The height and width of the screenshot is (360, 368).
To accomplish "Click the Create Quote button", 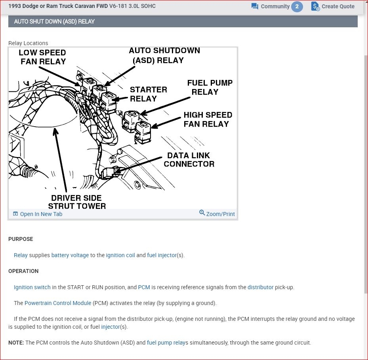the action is [x=333, y=6].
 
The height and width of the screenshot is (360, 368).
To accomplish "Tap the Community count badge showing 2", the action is [x=297, y=6].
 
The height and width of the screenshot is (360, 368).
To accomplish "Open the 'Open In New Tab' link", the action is [x=38, y=214].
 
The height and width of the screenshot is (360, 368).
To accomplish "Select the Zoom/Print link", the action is [x=217, y=214].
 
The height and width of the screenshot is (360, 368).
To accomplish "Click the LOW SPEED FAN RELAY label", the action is [x=43, y=57].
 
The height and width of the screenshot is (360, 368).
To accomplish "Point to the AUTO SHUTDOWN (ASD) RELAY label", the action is [x=164, y=55].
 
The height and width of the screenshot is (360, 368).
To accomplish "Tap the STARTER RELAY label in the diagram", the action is [x=148, y=94].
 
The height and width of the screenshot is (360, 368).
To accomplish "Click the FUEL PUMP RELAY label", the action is [x=210, y=87].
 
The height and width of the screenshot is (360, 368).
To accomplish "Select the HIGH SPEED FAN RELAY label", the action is [x=208, y=119].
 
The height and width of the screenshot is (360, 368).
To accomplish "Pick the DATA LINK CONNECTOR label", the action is [x=189, y=159].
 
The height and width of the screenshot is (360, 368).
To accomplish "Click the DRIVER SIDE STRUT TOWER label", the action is [x=77, y=202].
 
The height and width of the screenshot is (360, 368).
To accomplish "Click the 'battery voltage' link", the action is [x=70, y=255].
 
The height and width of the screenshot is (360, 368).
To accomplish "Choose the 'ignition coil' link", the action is [x=120, y=255].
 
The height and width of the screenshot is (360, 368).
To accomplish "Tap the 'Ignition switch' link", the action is [x=32, y=287].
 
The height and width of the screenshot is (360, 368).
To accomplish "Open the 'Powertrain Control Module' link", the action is [x=58, y=303].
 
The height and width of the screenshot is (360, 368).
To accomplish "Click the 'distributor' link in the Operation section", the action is [x=261, y=287].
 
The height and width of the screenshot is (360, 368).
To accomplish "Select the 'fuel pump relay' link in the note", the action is [x=166, y=343].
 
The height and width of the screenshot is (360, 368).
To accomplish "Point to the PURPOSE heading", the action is [x=21, y=239].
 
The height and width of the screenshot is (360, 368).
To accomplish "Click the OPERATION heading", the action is [x=23, y=271].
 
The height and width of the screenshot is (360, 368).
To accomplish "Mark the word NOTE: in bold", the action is [x=16, y=343].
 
